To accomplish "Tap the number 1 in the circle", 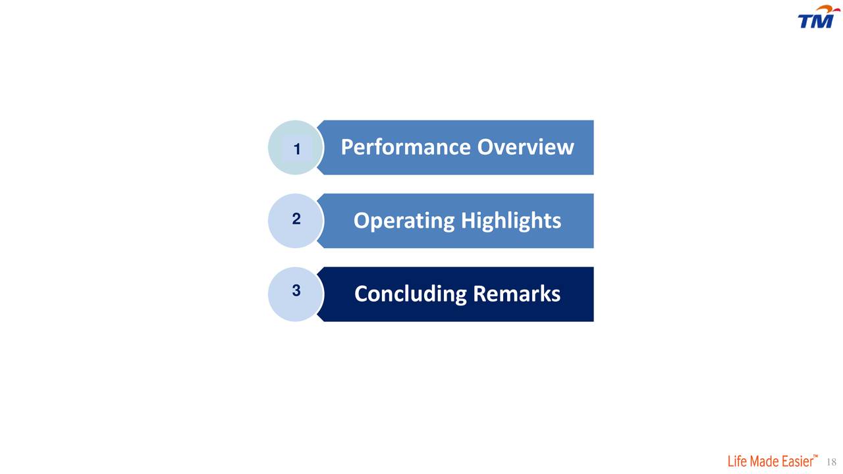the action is coord(297,149).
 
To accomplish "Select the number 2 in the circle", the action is coord(296,219).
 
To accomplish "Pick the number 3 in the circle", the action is coord(296,290).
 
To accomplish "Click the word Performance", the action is coord(406,147).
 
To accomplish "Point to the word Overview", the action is coord(526,147).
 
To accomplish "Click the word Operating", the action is coord(404,221).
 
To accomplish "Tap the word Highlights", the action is coord(511,221).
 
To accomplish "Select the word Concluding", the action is coord(410,294).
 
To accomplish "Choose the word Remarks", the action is coord(517,294).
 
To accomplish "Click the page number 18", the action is coord(831,461).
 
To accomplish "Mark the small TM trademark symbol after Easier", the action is coord(815,456).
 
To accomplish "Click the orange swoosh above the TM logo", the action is coord(827,9).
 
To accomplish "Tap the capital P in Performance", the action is coord(346,147).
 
